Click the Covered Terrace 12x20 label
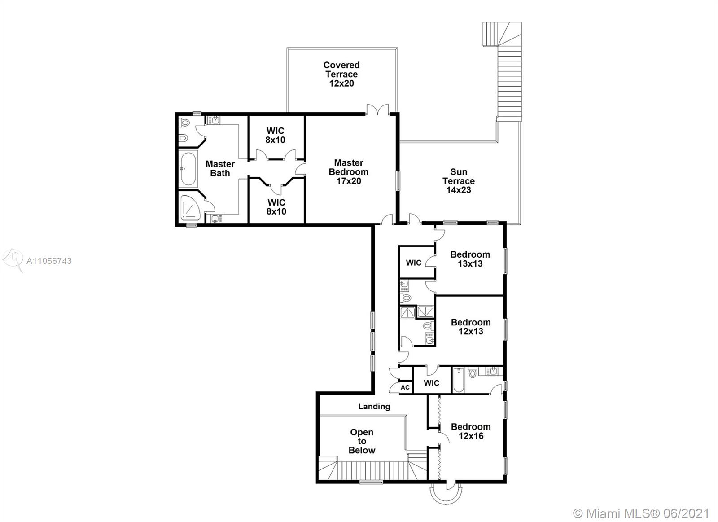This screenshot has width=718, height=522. click(341, 74)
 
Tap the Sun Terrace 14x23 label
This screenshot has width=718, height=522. click(458, 181)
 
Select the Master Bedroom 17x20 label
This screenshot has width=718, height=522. click(348, 172)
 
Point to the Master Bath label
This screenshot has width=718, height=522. click(220, 169)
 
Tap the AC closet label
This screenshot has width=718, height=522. click(405, 388)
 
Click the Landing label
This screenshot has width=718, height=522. click(374, 407)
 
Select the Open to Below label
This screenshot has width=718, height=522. click(362, 441)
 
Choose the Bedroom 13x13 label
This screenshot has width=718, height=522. click(470, 259)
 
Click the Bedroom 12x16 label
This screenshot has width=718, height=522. click(471, 431)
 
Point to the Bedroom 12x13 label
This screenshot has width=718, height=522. click(471, 327)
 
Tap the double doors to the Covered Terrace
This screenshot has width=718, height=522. click(377, 110)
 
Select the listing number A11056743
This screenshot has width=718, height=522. click(49, 261)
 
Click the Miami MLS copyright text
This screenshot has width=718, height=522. click(641, 504)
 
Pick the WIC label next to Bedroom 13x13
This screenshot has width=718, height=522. click(413, 263)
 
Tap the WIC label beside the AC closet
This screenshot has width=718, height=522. click(431, 383)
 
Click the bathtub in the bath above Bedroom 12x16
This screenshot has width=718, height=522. click(459, 380)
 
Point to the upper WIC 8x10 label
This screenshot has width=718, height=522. click(275, 135)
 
